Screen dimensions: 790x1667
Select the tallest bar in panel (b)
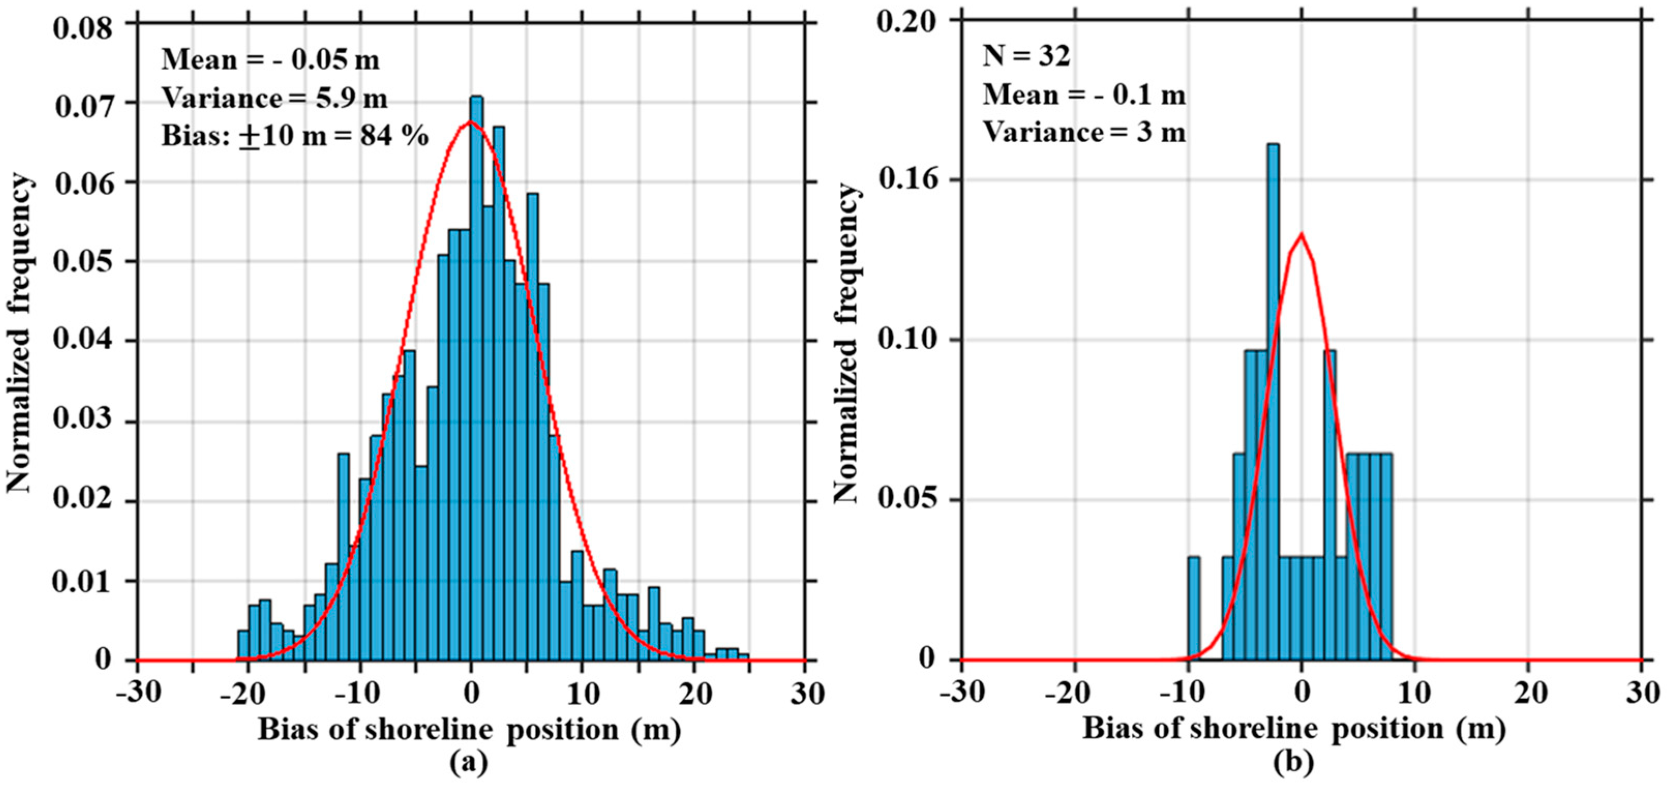click(x=1273, y=401)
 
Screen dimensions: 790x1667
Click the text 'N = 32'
click(x=1026, y=57)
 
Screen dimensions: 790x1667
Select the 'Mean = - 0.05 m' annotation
click(x=270, y=60)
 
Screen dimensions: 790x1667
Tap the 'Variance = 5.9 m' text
click(x=275, y=98)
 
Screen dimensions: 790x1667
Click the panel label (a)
click(x=468, y=762)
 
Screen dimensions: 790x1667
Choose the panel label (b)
click(x=1294, y=762)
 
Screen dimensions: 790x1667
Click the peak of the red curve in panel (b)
click(x=1301, y=234)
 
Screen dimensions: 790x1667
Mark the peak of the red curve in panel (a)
click(x=471, y=122)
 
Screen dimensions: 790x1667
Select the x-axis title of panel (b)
click(x=1294, y=728)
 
